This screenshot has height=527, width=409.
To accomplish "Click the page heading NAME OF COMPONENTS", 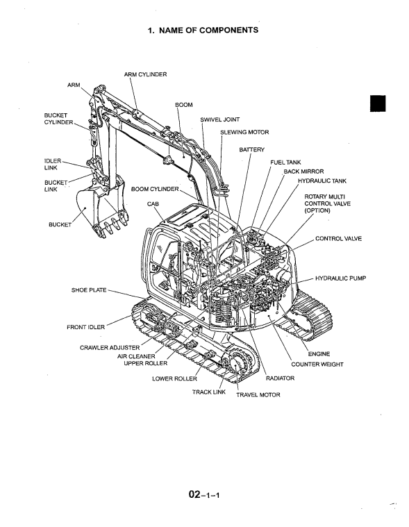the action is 208,31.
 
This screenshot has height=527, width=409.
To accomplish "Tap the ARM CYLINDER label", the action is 145,74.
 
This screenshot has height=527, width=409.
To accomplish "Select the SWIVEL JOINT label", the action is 220,119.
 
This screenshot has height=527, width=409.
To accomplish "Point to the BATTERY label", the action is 251,149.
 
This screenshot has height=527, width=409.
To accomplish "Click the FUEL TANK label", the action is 285,162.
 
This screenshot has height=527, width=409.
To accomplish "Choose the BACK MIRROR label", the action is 304,172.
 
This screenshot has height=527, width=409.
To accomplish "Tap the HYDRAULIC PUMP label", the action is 340,278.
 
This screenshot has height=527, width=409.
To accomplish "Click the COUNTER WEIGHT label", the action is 317,365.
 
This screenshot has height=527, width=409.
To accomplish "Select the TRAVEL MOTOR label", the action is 258,395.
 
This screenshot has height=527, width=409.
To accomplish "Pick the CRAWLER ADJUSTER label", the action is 110,348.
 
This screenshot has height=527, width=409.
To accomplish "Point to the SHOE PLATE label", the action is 89,290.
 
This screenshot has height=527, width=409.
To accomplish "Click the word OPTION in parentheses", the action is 317,211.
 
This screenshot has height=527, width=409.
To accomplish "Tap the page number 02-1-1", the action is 204,495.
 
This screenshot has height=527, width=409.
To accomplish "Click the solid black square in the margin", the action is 378,103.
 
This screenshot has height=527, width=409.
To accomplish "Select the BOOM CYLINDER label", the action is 155,190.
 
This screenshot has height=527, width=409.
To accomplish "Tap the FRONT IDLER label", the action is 85,327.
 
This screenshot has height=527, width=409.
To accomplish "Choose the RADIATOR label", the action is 280,378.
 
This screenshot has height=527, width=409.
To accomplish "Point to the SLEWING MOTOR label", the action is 244,133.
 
